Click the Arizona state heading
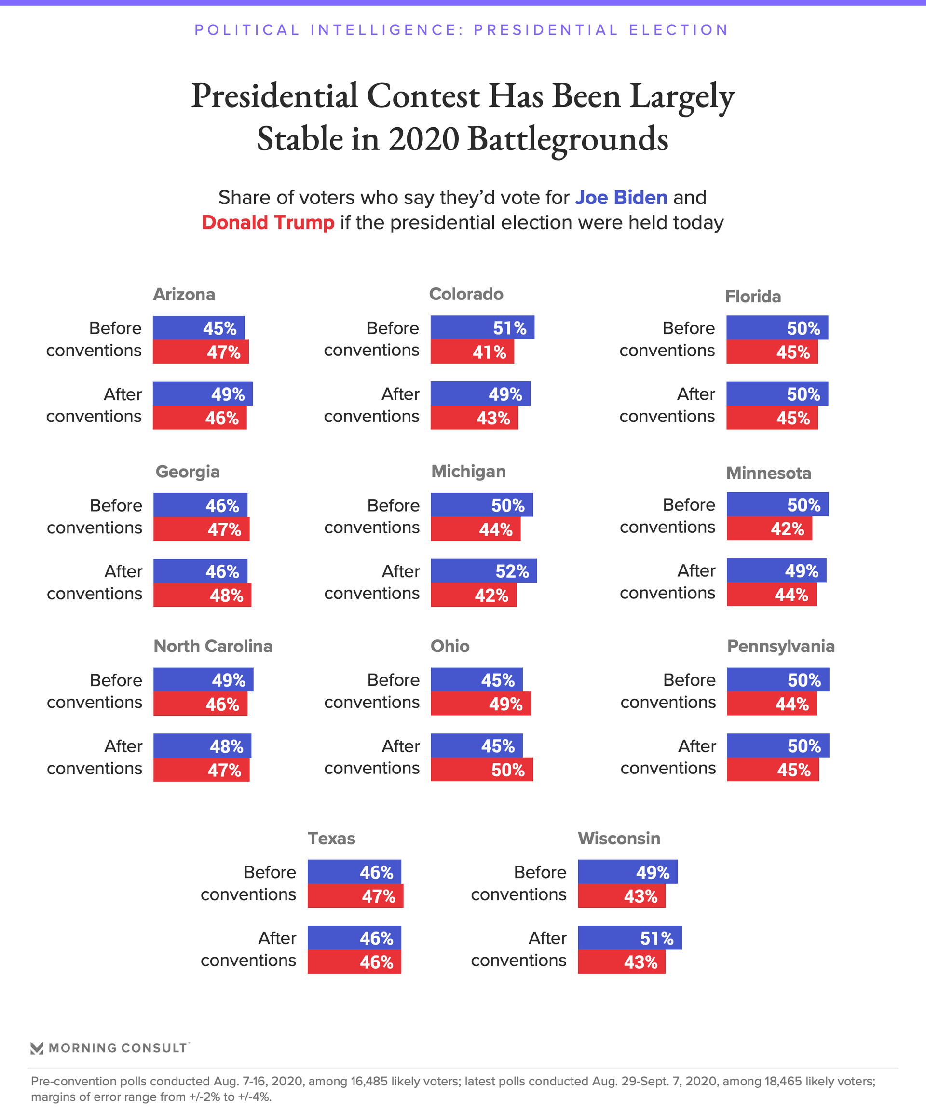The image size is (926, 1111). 184,294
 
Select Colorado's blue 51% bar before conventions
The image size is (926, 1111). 482,328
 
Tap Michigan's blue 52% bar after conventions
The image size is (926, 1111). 484,571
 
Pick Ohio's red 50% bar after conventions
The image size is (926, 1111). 481,769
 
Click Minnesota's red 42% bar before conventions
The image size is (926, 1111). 769,528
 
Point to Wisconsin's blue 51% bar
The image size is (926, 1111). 629,938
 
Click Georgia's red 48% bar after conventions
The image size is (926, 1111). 202,595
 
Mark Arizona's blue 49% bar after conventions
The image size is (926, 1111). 202,394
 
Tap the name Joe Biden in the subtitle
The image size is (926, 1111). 621,197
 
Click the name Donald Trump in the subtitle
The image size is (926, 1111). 268,223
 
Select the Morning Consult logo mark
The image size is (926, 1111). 37,1048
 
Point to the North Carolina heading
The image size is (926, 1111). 213,646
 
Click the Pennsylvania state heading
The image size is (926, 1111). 780,646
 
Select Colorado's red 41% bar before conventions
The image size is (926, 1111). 472,352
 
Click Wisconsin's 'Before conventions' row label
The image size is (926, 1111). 518,883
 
